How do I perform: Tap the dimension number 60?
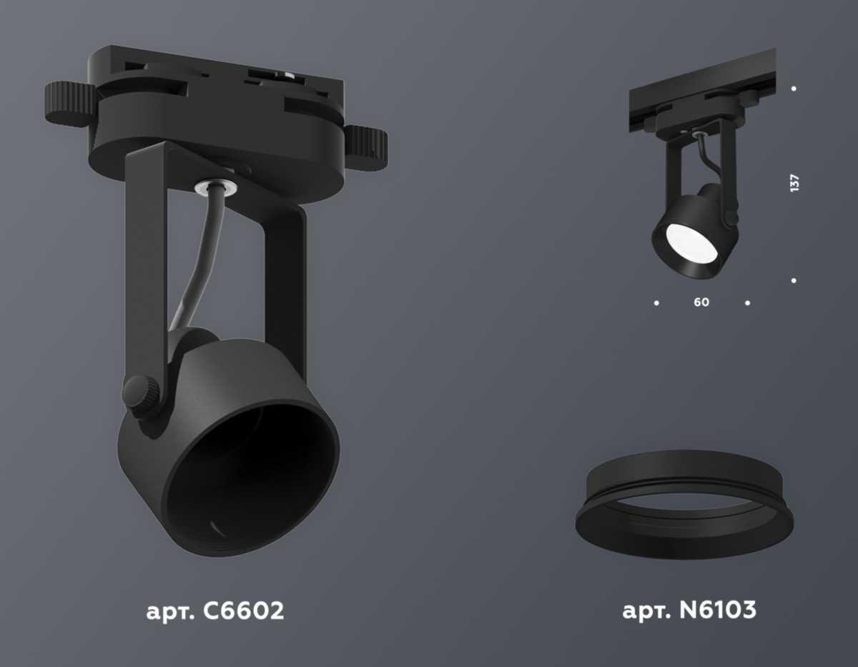coord(701,302)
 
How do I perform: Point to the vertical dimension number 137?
coord(794,183)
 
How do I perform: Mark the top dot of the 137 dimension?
coord(794,89)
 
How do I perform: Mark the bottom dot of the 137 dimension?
coord(794,280)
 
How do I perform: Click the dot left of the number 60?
coord(656,303)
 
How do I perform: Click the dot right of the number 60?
coord(747,303)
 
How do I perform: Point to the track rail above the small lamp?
coord(701,89)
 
